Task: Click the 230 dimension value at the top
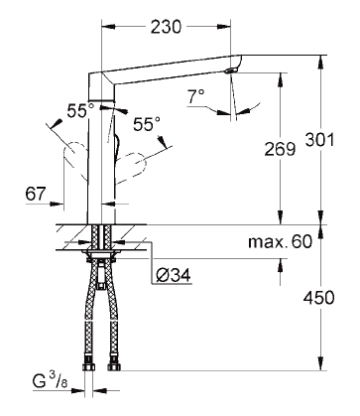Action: [x=166, y=27]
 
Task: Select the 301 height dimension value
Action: [x=319, y=140]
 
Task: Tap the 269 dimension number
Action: [x=280, y=149]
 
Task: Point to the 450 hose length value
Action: [x=319, y=298]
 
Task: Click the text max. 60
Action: [x=280, y=241]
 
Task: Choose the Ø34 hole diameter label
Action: [x=174, y=275]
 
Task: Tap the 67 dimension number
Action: [x=36, y=194]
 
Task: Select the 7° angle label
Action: [x=195, y=97]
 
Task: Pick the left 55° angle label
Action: [x=80, y=111]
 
